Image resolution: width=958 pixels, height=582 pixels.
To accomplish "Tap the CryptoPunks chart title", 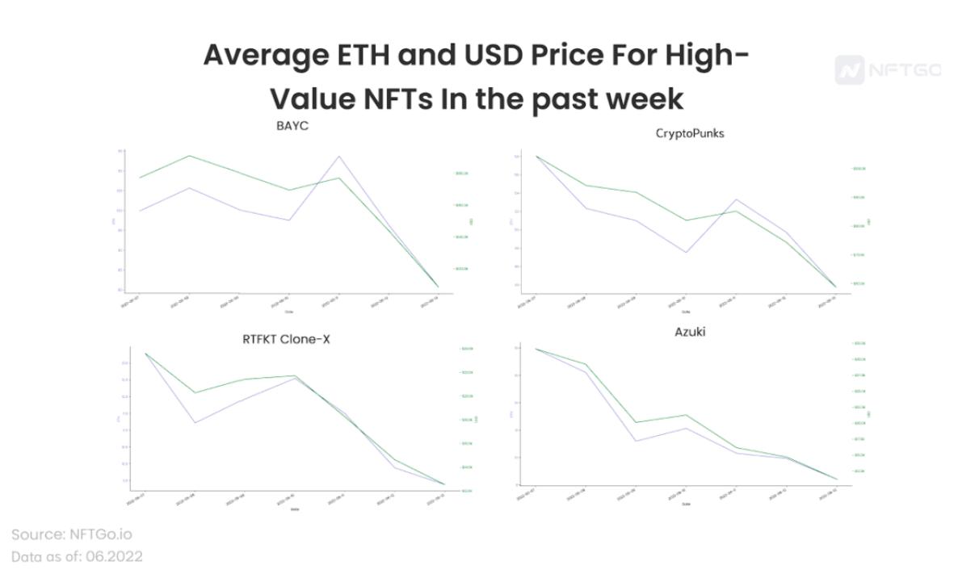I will pyautogui.click(x=690, y=133).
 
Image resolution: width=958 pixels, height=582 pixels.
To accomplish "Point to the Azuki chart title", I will pyautogui.click(x=690, y=331).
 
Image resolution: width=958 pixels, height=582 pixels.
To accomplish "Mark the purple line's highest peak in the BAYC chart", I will pyautogui.click(x=339, y=157).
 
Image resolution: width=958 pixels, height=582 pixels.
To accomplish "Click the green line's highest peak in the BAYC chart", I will pyautogui.click(x=189, y=156).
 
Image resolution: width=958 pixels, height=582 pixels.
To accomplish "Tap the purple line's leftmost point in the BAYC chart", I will pyautogui.click(x=140, y=211).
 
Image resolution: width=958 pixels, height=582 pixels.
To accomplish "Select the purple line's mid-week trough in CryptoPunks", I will pyautogui.click(x=686, y=253).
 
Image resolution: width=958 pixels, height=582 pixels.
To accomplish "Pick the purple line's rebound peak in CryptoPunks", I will pyautogui.click(x=736, y=199).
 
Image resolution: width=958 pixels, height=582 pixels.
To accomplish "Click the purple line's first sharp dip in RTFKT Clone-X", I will pyautogui.click(x=195, y=422).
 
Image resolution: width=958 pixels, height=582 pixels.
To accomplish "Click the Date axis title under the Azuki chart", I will pyautogui.click(x=686, y=504).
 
